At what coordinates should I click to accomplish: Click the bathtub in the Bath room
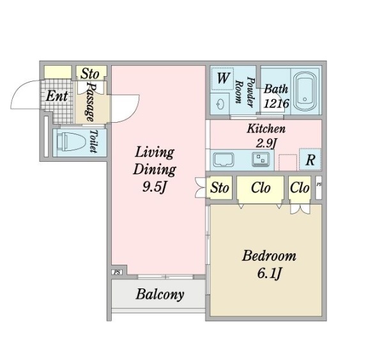click(305, 92)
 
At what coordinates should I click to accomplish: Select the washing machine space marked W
click(222, 79)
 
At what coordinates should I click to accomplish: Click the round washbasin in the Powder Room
click(220, 104)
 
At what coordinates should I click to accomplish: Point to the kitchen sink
click(224, 160)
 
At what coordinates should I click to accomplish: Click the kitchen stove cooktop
click(261, 159)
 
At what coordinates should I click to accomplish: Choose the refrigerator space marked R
click(310, 159)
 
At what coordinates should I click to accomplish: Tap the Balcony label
click(160, 295)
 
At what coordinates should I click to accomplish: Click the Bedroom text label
click(269, 256)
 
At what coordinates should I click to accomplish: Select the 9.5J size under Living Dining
click(155, 187)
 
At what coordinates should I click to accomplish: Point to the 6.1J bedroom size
click(269, 274)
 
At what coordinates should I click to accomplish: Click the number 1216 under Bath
click(276, 104)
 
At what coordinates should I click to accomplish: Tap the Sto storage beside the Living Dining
click(219, 188)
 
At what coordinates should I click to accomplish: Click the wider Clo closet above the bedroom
click(260, 188)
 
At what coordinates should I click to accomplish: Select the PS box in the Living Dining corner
click(117, 272)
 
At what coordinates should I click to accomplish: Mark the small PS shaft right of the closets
click(318, 187)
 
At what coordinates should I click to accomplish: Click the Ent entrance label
click(57, 97)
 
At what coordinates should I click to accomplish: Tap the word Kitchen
click(266, 129)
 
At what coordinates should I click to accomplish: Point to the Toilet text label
click(94, 141)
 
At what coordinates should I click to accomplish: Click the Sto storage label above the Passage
click(90, 74)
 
